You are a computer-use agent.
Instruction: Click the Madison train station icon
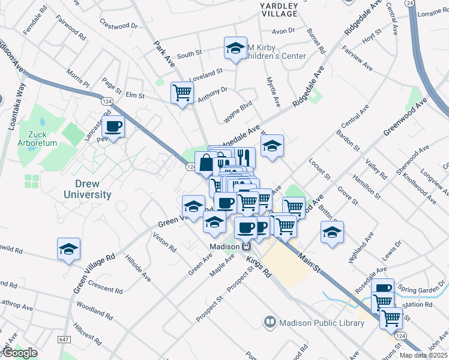[x=246, y=247]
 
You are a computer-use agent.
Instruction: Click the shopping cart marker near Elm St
[x=182, y=92]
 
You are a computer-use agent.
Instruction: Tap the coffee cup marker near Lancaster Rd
[x=113, y=126]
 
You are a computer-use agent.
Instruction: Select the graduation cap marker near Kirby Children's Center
[x=235, y=48]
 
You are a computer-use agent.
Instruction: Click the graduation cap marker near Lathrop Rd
[x=68, y=248]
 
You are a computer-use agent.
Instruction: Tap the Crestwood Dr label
[x=119, y=26]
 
